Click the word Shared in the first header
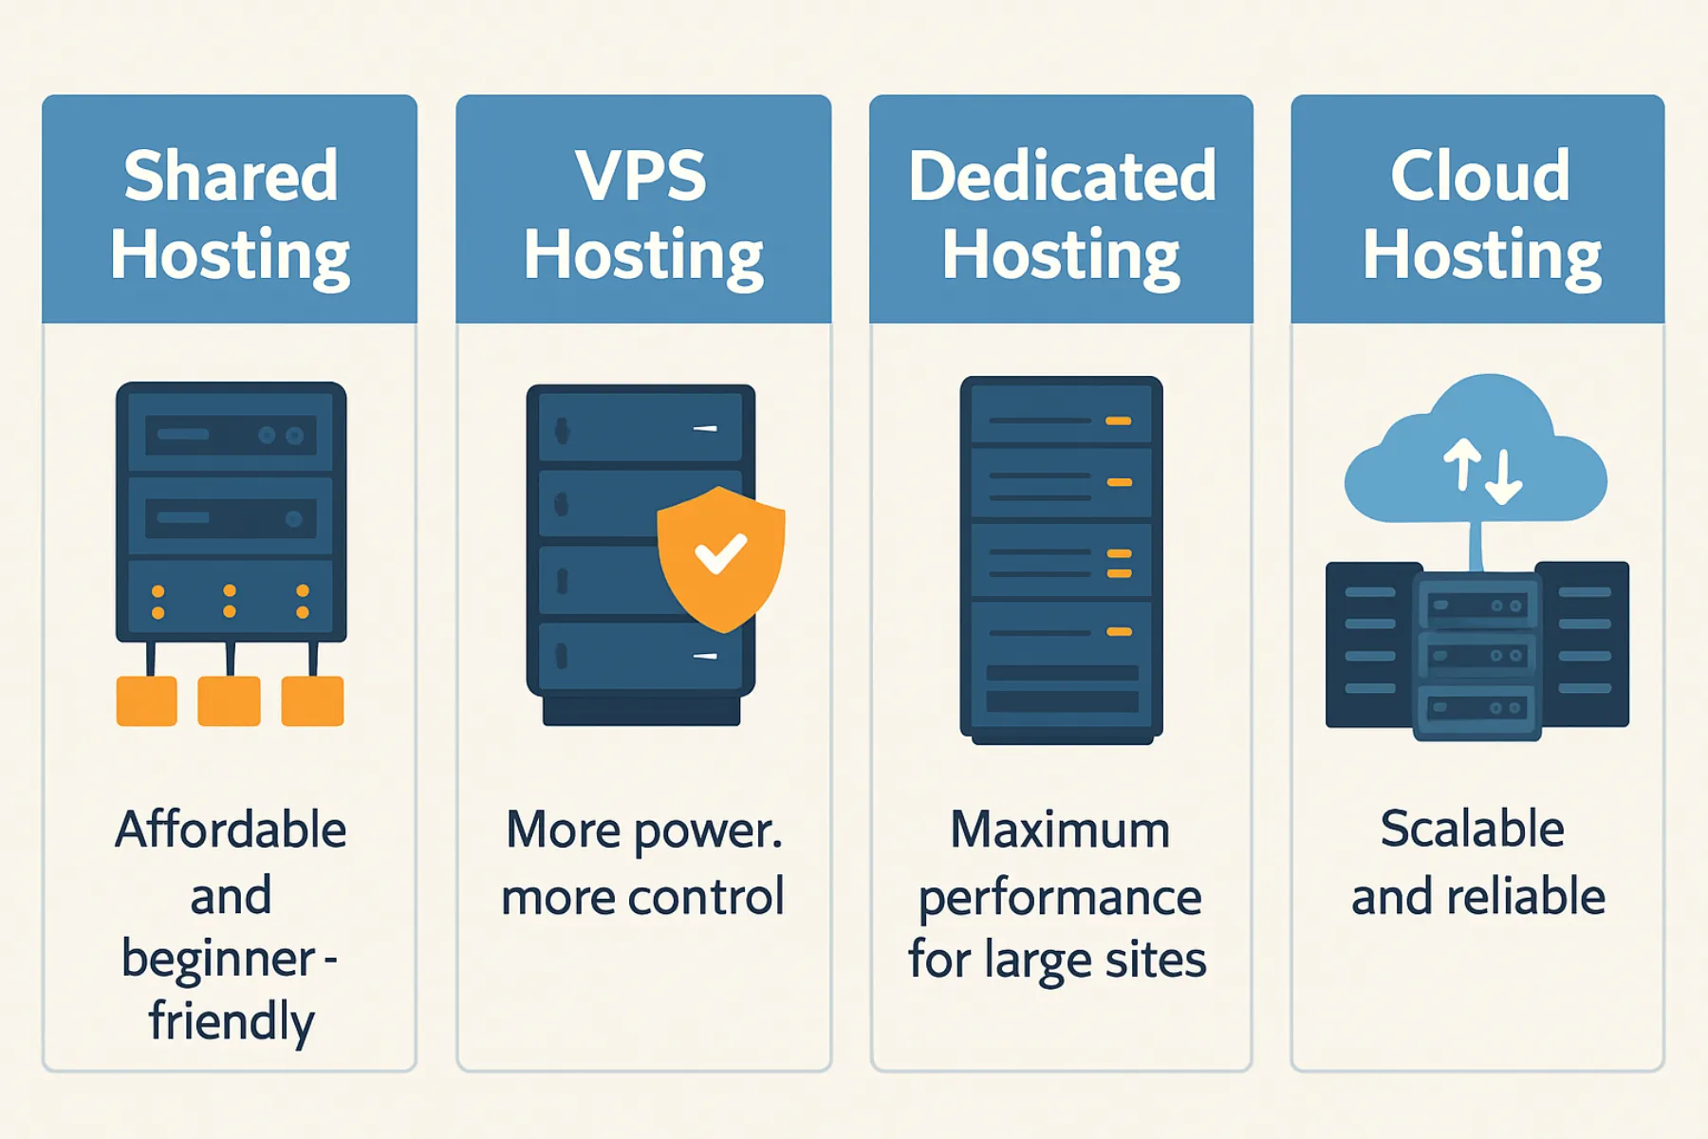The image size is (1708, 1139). (231, 177)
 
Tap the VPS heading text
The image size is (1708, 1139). (640, 177)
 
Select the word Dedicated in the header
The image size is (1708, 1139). (1062, 177)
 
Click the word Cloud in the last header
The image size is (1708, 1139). (1479, 177)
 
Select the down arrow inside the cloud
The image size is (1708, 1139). (1504, 477)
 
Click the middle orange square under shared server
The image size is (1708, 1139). (229, 700)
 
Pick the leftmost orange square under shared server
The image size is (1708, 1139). (146, 700)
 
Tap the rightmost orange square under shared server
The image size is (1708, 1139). (312, 700)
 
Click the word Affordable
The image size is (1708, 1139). (231, 830)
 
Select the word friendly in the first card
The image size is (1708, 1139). (231, 1021)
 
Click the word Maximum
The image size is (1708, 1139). (1060, 830)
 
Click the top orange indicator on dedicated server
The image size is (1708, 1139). (1118, 420)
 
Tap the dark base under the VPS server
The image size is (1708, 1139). (641, 712)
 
